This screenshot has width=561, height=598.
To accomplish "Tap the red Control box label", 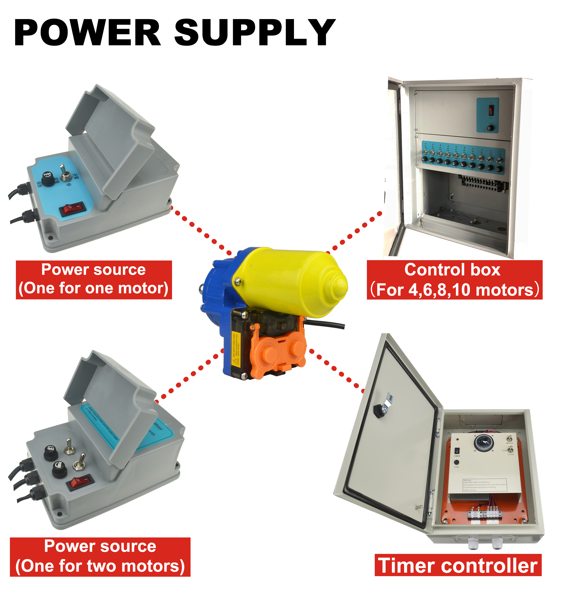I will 454,280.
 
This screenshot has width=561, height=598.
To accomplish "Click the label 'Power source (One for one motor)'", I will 94,280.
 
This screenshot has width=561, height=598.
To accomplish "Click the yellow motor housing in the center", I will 289,283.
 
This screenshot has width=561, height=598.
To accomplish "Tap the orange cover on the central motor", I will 277,349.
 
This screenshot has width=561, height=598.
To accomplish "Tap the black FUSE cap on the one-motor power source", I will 47,179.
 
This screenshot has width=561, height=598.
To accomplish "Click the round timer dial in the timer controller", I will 484,443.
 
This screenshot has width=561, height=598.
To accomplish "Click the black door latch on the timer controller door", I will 378,409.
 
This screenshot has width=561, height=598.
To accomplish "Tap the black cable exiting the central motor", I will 327,324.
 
